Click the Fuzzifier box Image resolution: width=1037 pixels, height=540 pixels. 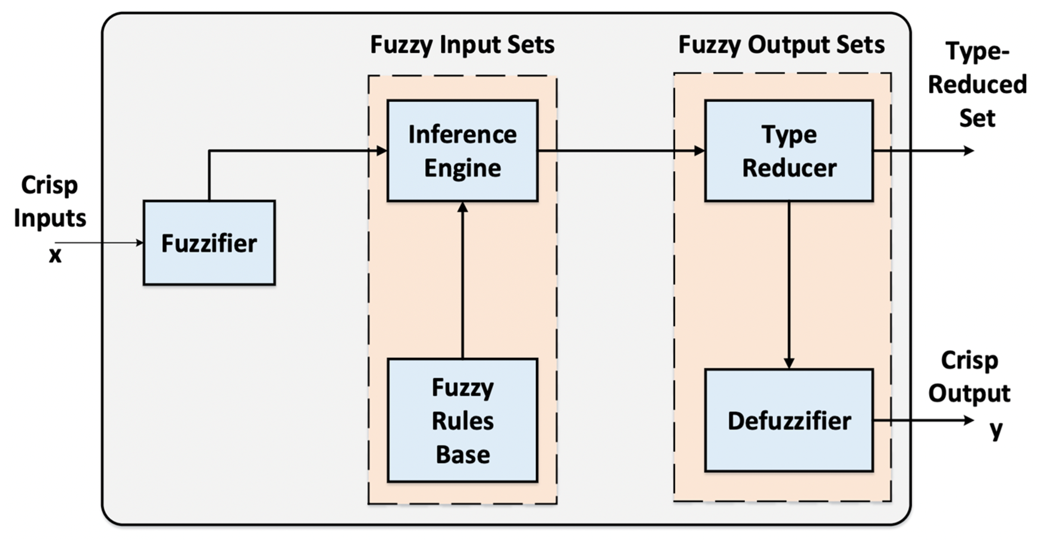pos(209,243)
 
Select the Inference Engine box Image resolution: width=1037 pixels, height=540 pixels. pos(462,150)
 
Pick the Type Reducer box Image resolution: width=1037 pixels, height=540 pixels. pos(788,150)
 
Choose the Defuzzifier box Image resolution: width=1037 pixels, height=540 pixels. pos(788,420)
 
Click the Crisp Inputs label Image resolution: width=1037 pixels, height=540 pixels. pos(50,201)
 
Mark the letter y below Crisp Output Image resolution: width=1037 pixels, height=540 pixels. pos(996,430)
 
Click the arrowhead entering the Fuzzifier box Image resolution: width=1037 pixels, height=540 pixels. pos(140,243)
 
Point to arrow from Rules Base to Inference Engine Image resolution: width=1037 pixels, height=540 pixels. pos(462,282)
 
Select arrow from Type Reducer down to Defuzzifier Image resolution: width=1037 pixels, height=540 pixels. pos(788,286)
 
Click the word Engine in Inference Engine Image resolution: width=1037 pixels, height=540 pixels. pos(462,168)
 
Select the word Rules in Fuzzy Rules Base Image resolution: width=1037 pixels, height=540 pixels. pos(462,421)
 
